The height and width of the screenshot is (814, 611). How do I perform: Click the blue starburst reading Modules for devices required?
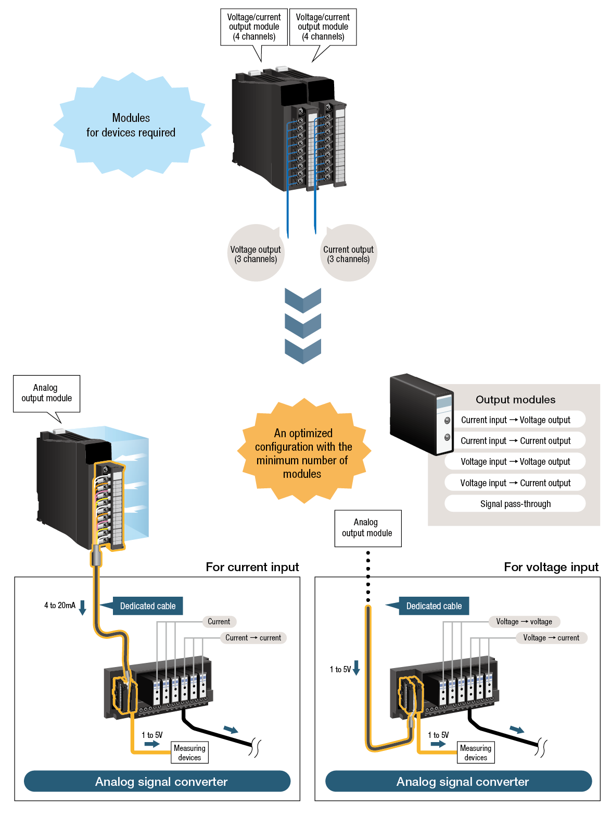click(131, 125)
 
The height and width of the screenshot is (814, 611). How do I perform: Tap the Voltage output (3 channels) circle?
click(256, 254)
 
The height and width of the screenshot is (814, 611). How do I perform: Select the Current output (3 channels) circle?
click(348, 254)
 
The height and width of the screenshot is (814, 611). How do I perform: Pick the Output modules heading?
click(515, 400)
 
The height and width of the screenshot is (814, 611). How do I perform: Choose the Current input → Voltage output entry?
click(515, 420)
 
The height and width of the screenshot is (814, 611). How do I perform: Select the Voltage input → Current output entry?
click(515, 483)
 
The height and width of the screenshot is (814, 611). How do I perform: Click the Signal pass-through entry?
click(515, 504)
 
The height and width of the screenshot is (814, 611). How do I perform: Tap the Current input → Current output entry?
click(515, 441)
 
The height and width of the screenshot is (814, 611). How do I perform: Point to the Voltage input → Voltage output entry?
click(515, 462)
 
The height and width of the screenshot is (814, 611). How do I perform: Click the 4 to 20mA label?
click(60, 606)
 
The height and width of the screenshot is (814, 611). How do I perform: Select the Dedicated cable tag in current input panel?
click(148, 606)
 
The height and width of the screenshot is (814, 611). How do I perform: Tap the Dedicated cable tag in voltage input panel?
click(434, 606)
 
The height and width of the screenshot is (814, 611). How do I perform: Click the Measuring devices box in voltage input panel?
click(476, 753)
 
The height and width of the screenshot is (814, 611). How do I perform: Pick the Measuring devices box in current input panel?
click(189, 753)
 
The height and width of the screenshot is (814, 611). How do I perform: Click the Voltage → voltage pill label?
click(524, 622)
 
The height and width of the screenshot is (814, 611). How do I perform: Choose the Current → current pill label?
click(253, 638)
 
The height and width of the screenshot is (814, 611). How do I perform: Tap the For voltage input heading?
click(551, 567)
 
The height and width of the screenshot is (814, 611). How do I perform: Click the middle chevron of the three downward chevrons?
click(303, 326)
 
